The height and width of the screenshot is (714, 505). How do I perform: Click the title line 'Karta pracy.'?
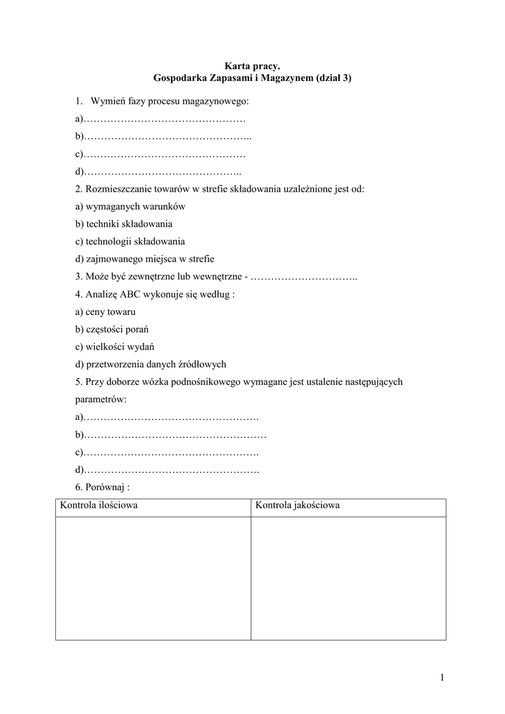[x=252, y=66]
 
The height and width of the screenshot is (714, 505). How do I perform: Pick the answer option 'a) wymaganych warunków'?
[x=130, y=206]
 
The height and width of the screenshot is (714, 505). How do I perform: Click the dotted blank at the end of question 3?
[x=303, y=277]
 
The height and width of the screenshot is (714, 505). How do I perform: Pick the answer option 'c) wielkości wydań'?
[x=114, y=347]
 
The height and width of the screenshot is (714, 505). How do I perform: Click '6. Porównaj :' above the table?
[x=102, y=487]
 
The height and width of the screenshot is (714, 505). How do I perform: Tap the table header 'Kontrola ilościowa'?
[x=98, y=506]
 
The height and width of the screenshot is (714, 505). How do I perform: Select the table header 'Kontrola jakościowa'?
[x=297, y=506]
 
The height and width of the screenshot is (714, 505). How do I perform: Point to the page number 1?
[x=442, y=677]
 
